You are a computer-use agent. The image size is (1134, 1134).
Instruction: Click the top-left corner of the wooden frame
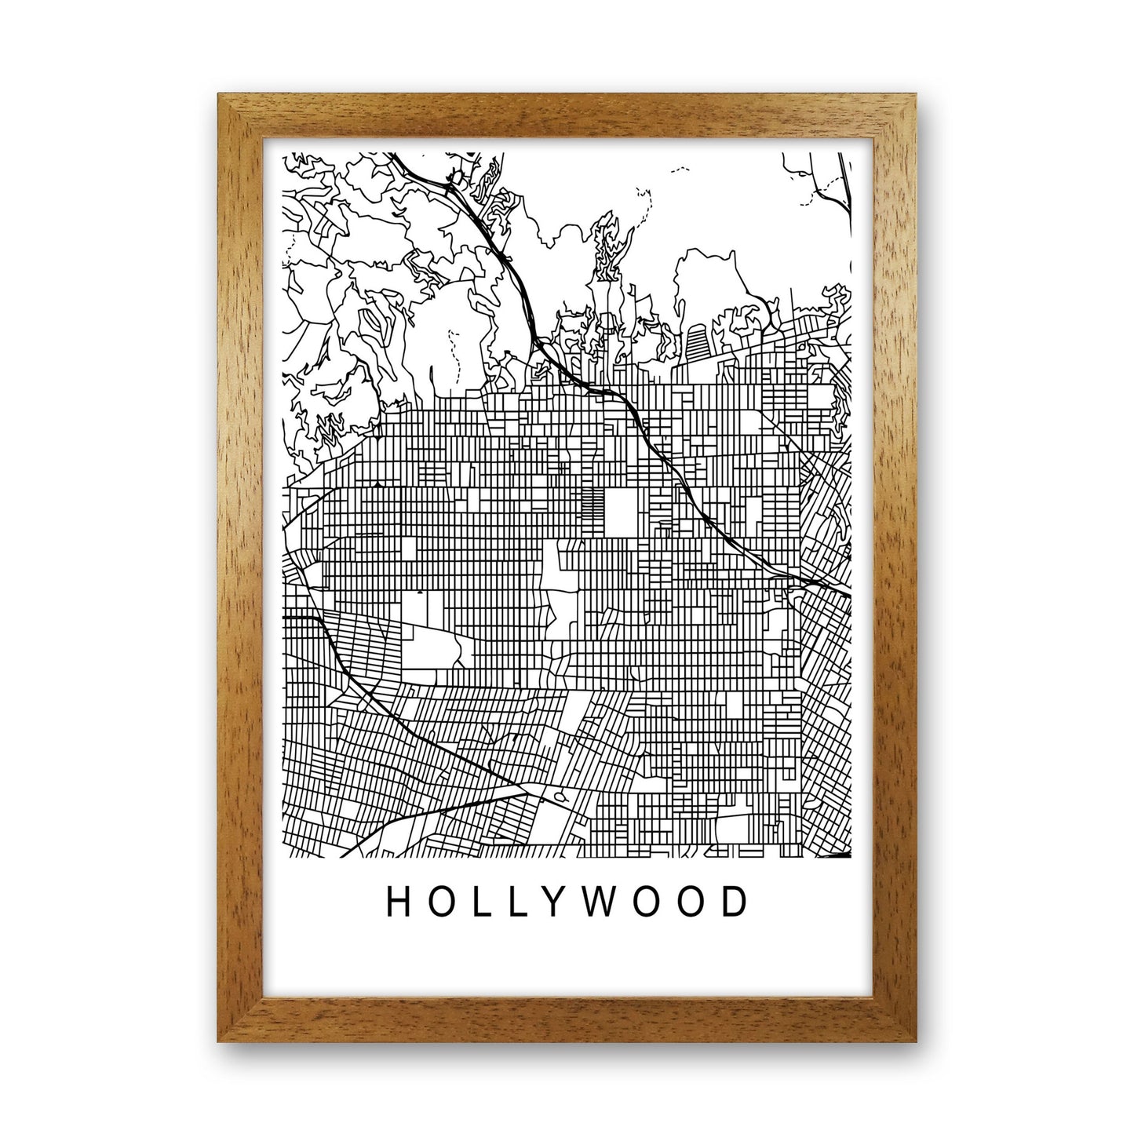pos(219,96)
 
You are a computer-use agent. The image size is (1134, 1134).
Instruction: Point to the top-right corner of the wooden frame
pos(915,96)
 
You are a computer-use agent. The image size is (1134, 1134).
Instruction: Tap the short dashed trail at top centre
pos(679,169)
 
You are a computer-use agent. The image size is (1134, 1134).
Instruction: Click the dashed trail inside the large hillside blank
pos(454,353)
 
